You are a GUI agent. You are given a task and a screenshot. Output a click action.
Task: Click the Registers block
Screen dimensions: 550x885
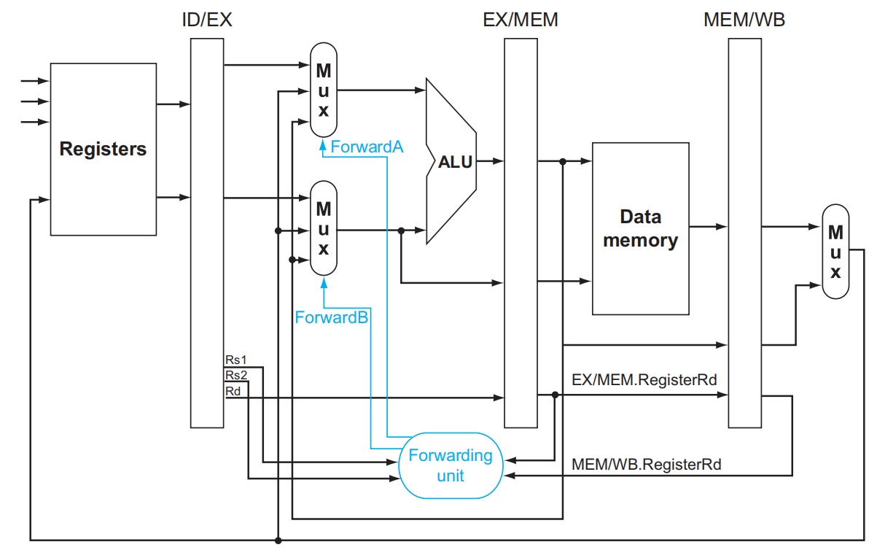pos(103,149)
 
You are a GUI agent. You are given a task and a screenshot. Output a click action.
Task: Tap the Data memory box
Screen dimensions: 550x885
pos(640,228)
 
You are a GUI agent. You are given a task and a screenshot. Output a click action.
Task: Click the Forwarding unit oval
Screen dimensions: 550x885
pos(451,465)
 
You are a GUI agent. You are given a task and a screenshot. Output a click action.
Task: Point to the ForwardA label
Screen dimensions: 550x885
pos(367,147)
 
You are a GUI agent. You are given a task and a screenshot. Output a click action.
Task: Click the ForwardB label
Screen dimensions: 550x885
pos(331,317)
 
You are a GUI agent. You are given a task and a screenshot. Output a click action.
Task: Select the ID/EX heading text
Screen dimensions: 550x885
pos(207,20)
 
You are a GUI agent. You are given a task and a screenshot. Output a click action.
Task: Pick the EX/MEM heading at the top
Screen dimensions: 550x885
pos(521,20)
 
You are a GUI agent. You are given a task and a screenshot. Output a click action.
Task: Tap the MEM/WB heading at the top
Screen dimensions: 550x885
pos(744,20)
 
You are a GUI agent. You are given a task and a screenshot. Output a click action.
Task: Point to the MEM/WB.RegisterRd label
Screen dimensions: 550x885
pos(647,464)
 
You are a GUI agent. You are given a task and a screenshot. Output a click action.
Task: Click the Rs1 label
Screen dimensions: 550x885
pos(236,360)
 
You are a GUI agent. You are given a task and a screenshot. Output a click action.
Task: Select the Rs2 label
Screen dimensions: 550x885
pos(236,375)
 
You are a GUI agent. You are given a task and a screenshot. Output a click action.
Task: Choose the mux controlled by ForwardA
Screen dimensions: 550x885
pos(324,90)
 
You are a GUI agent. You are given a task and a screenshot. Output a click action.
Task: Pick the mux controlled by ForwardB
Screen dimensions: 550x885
pos(324,228)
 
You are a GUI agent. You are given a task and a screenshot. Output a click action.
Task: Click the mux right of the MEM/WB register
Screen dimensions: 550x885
pos(835,252)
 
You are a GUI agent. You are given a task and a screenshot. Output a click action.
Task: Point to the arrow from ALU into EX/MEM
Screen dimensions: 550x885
pos(490,160)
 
